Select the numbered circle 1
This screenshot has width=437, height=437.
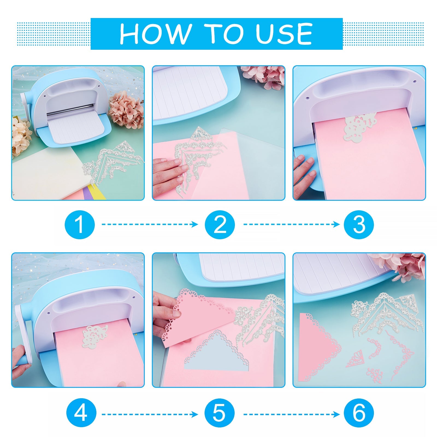(x=80, y=225)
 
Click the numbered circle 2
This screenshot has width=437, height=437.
(x=220, y=225)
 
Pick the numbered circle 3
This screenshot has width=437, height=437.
(x=359, y=225)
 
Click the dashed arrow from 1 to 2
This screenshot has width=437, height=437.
(x=150, y=225)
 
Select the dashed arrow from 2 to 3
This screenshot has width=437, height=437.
(x=291, y=225)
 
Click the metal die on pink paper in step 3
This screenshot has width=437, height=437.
(x=360, y=126)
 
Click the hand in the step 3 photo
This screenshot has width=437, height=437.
(x=304, y=174)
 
